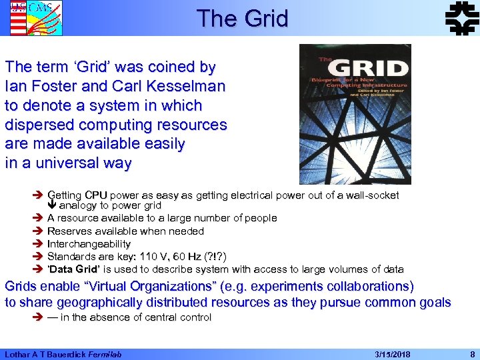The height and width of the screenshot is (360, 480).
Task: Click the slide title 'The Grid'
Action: click(242, 18)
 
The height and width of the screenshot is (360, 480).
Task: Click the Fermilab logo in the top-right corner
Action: click(461, 18)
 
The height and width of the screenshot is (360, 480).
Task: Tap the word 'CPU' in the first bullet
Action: click(96, 195)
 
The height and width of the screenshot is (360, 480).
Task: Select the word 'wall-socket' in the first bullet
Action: click(371, 195)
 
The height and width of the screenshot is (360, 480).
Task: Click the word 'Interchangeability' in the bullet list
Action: click(89, 244)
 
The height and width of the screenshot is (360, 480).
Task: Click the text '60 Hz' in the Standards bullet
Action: click(194, 257)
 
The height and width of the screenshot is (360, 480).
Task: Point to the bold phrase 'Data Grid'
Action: click(74, 269)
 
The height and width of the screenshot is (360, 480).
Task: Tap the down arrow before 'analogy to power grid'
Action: click(52, 206)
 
